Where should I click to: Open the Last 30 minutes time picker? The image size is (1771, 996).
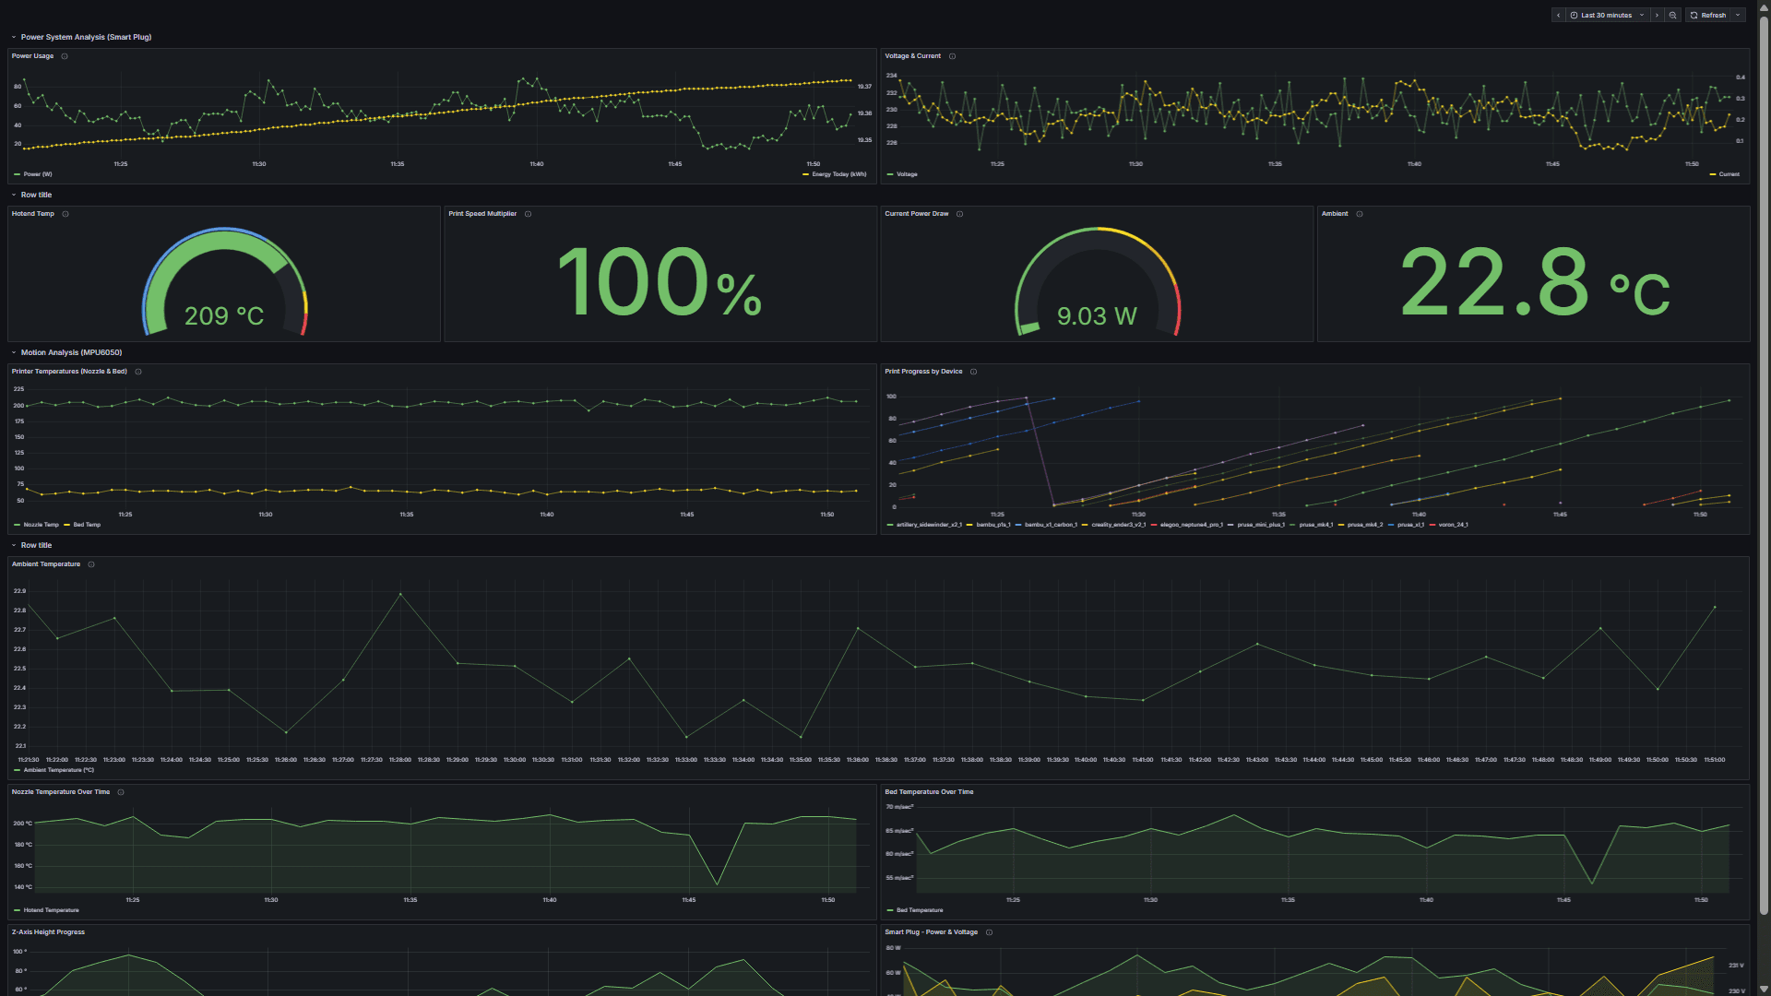coord(1606,16)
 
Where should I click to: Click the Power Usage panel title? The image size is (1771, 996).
coord(32,56)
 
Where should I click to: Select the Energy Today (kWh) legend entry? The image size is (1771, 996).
coord(838,174)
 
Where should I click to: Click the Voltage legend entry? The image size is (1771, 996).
coord(907,174)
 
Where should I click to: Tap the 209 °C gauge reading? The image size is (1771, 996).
coord(224,316)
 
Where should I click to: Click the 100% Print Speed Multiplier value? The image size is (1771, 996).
coord(660,282)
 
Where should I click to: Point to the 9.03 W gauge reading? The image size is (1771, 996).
coord(1097,316)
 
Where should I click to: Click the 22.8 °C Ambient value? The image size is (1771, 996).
coord(1533,282)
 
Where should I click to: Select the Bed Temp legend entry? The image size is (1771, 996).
coord(87,525)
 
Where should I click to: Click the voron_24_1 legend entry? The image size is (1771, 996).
coord(1453,525)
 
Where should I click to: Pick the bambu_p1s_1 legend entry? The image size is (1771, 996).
coord(992,525)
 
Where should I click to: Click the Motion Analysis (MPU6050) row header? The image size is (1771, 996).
coord(71,352)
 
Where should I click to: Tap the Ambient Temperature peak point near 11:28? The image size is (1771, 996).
coord(400,594)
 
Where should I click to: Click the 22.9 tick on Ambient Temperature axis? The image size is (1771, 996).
coord(19,591)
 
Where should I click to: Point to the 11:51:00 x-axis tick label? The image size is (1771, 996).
coord(1714,760)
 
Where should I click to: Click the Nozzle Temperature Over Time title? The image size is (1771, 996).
coord(61,792)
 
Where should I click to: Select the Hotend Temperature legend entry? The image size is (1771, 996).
coord(51,910)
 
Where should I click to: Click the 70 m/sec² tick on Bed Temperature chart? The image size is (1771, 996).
coord(899,807)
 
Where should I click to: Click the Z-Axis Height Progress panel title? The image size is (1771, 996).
coord(48,932)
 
